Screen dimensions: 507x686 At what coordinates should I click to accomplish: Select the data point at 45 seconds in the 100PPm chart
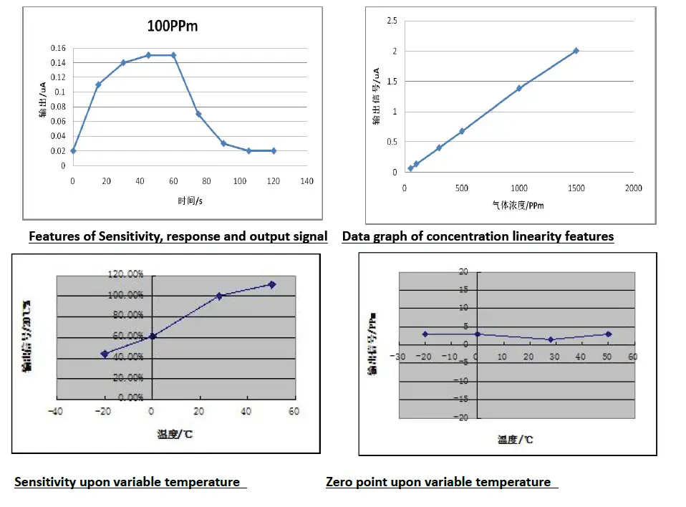[148, 55]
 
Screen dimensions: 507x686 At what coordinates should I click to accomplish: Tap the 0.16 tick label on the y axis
[57, 48]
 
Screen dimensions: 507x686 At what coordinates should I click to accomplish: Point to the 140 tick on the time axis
[307, 181]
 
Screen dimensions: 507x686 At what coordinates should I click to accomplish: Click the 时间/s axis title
[187, 201]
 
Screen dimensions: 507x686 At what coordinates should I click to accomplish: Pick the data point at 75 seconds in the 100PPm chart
[198, 114]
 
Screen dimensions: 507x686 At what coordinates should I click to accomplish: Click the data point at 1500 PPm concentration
[576, 51]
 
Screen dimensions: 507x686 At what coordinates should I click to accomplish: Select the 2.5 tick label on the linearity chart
[392, 21]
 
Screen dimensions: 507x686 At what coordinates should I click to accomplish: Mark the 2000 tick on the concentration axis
[633, 188]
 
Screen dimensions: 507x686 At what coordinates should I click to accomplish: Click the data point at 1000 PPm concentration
[519, 88]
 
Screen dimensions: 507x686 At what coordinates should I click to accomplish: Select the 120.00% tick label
[126, 274]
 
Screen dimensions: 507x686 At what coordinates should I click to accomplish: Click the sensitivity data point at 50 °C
[271, 284]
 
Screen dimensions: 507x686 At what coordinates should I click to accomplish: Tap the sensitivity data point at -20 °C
[105, 354]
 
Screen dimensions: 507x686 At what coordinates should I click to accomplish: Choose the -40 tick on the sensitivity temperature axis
[54, 411]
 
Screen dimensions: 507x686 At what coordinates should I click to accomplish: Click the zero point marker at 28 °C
[551, 339]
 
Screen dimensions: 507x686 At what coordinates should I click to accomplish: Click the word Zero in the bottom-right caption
[341, 483]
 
